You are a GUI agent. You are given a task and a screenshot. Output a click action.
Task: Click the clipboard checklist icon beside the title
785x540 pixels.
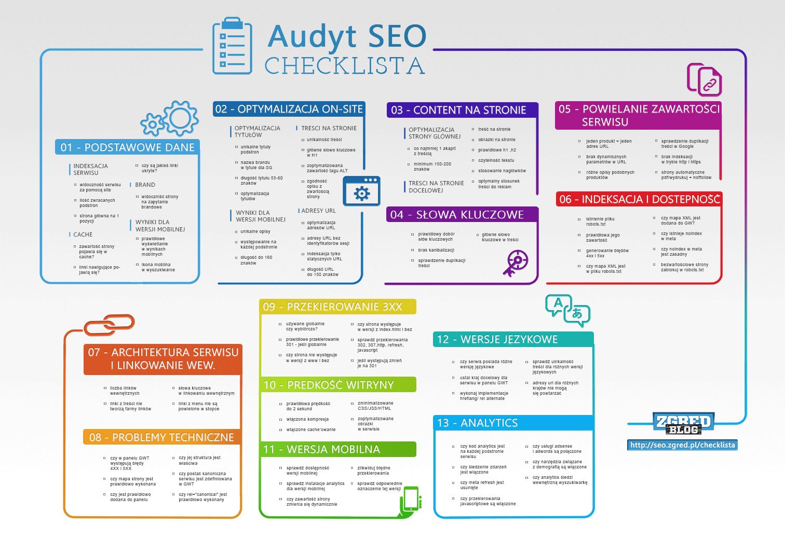pyautogui.click(x=232, y=46)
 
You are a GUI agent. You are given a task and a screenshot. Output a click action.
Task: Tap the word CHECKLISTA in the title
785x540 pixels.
pyautogui.click(x=345, y=66)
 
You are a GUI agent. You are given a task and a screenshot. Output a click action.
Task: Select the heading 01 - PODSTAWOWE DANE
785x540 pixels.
pyautogui.click(x=127, y=147)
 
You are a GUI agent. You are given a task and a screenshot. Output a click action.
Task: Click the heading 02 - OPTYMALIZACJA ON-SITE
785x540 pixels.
pyautogui.click(x=289, y=109)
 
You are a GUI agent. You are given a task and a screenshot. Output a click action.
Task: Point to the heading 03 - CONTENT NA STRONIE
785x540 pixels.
pyautogui.click(x=459, y=110)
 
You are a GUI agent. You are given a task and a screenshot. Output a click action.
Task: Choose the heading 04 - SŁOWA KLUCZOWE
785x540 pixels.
pyautogui.click(x=457, y=215)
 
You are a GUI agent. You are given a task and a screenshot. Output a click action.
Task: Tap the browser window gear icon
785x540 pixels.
pyautogui.click(x=361, y=191)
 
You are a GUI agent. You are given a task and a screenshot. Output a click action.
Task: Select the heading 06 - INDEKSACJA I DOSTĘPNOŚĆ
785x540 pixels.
pyautogui.click(x=639, y=199)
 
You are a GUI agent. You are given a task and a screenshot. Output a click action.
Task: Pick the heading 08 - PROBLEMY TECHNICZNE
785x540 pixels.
pyautogui.click(x=162, y=437)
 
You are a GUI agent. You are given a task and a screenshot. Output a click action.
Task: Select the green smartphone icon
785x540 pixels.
pyautogui.click(x=411, y=500)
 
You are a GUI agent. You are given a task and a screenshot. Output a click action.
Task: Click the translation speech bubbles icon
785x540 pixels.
pyautogui.click(x=567, y=310)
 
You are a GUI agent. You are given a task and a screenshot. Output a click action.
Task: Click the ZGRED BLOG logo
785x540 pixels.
pyautogui.click(x=683, y=423)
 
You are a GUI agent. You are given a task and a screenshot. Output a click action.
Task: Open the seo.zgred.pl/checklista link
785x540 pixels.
pyautogui.click(x=682, y=445)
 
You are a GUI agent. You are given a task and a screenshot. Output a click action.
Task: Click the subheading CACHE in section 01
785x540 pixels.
pyautogui.click(x=83, y=234)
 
